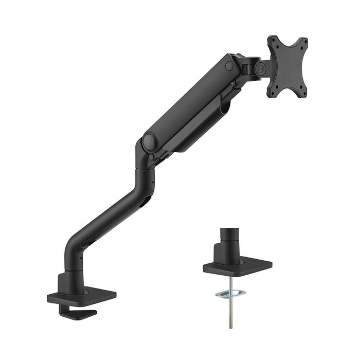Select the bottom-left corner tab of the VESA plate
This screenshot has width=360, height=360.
tap(271, 93)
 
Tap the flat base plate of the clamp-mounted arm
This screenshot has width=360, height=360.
tap(82, 297)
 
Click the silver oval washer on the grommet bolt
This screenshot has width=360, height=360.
tap(230, 294)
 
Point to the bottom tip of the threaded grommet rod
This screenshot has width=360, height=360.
tap(230, 327)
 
